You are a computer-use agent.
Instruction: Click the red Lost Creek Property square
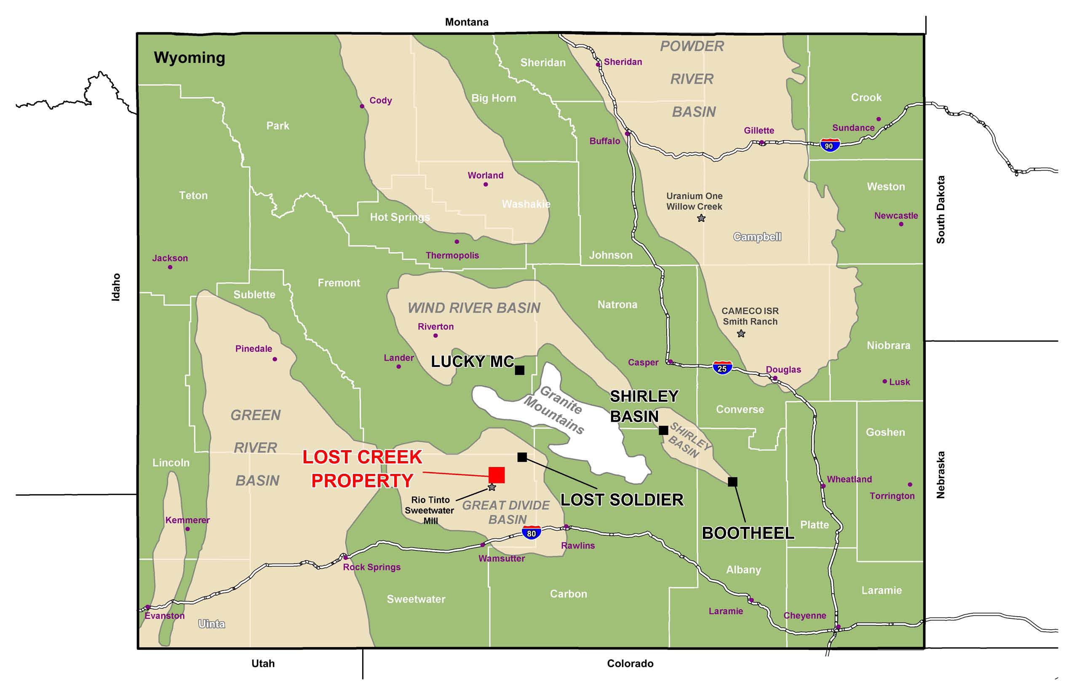[x=497, y=475]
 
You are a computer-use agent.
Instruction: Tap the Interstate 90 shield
[x=829, y=145]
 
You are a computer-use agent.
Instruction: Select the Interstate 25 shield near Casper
[x=722, y=368]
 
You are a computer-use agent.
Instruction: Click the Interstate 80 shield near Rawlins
[x=531, y=533]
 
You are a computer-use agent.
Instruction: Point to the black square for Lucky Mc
[x=519, y=370]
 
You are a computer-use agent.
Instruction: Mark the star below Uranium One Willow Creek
[x=701, y=219]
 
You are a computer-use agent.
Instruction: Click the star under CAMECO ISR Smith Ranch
[x=741, y=334]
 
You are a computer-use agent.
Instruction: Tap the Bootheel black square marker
[x=732, y=482]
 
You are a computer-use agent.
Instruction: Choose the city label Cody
[x=380, y=100]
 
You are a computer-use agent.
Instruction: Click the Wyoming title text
[x=189, y=58]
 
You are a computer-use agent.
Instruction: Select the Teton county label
[x=193, y=195]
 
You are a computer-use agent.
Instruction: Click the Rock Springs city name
[x=371, y=567]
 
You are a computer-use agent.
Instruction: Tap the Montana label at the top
[x=467, y=22]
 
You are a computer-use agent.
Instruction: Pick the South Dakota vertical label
[x=940, y=209]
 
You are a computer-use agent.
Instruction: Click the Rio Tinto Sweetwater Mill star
[x=492, y=487]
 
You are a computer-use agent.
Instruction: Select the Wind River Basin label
[x=474, y=308]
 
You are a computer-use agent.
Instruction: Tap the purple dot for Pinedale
[x=275, y=359]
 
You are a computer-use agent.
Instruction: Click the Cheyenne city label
[x=804, y=615]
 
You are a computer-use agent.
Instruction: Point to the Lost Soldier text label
[x=621, y=500]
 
